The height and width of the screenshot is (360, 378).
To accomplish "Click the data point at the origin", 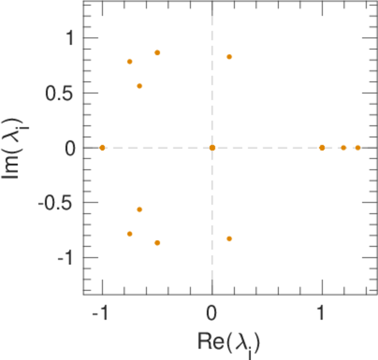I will pos(212,148).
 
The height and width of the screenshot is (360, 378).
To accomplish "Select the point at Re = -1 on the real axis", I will pos(102,148).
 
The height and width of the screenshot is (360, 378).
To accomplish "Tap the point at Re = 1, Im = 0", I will pos(322,148).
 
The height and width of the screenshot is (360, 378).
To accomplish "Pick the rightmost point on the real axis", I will pos(358,148).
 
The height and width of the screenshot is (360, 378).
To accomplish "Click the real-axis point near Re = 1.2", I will pos(344,148).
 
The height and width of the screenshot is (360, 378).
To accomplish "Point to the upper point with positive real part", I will pos(229,57).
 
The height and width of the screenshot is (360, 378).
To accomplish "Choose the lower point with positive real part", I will pos(229,239).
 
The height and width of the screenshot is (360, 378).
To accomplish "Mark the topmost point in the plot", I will pos(157,53).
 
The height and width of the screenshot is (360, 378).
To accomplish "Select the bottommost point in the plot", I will pos(157,243).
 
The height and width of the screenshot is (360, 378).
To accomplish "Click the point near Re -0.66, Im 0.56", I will pos(139,86).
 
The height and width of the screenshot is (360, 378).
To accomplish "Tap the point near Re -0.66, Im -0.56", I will pos(139,209).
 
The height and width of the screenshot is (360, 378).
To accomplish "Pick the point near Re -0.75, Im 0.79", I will pos(130,62).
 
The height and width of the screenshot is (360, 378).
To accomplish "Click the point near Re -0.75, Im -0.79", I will pos(130,234).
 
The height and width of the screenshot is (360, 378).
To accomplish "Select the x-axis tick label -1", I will pos(100,314).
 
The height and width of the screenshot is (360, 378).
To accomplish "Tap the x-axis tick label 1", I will pos(322,314).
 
